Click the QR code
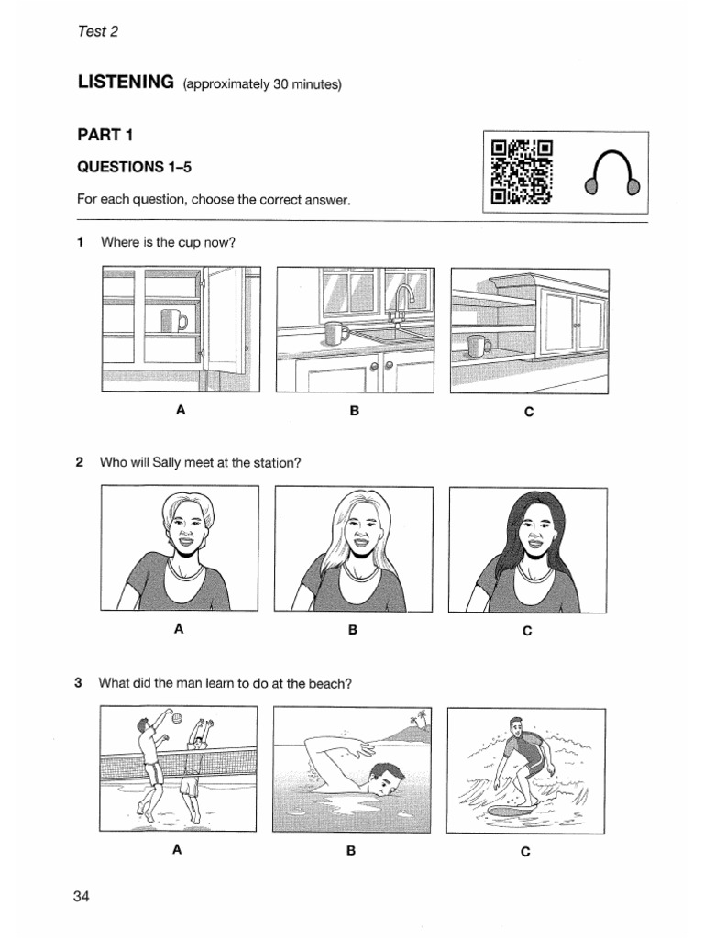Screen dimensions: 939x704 click(x=522, y=172)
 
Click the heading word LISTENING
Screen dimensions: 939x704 click(x=126, y=83)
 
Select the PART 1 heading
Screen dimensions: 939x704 click(x=105, y=135)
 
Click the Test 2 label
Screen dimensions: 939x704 click(x=98, y=31)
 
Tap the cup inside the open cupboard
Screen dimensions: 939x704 click(x=172, y=320)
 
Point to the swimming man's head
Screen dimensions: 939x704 click(x=387, y=779)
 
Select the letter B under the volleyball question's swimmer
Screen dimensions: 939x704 click(x=350, y=851)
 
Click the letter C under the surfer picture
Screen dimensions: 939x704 click(x=525, y=851)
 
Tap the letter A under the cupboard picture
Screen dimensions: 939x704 click(x=181, y=411)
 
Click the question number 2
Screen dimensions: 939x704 click(x=80, y=463)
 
